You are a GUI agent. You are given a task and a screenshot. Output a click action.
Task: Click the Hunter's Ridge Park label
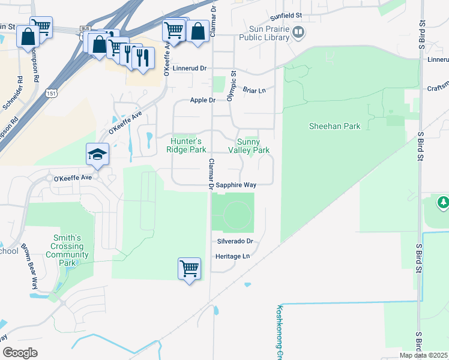point(189,145)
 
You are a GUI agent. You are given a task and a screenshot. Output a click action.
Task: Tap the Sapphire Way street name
point(237,185)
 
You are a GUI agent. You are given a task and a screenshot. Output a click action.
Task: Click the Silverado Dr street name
point(235,241)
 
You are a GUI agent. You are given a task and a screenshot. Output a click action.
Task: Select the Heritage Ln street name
point(232,256)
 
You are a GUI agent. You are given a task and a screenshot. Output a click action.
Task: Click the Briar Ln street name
point(254,90)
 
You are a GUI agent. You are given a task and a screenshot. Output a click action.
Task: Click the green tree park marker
point(443,203)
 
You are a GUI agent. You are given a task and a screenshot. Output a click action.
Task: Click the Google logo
point(20,352)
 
